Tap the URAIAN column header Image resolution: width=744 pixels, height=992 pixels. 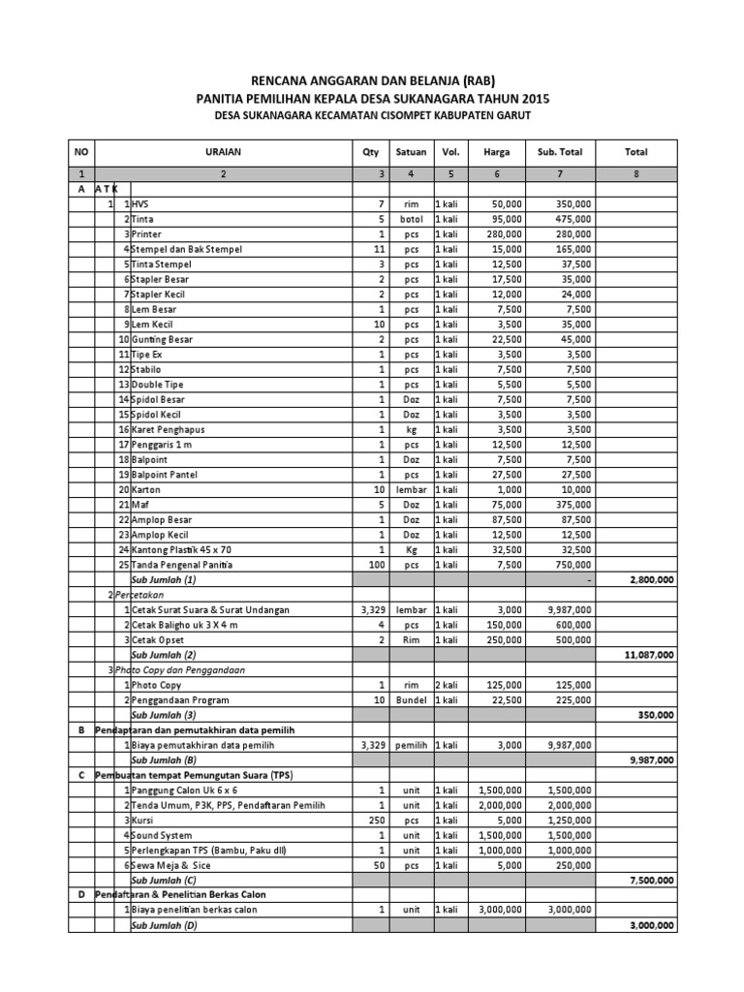[223, 152]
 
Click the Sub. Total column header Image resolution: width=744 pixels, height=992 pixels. [560, 152]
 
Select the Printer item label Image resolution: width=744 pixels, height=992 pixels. [147, 234]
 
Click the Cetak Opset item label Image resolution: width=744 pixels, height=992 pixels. [158, 640]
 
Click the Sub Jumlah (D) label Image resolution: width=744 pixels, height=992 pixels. [164, 925]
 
